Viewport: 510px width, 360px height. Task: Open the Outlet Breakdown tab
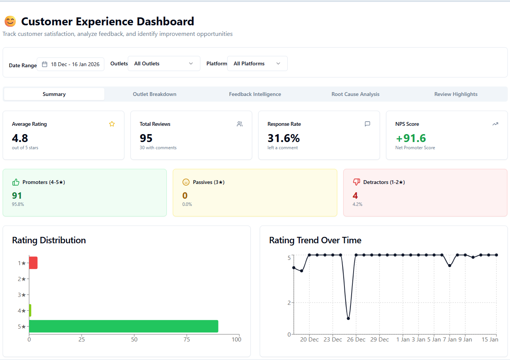click(154, 94)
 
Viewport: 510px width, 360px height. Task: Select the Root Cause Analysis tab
click(355, 94)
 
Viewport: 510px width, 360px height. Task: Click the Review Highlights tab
click(456, 94)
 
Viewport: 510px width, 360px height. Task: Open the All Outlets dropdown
click(164, 63)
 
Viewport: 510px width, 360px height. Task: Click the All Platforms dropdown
click(257, 63)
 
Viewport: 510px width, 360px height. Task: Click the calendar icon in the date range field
click(45, 64)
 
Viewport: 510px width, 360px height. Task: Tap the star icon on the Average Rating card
click(112, 124)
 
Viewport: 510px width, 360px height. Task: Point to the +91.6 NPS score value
click(411, 138)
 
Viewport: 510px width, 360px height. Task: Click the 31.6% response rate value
click(284, 138)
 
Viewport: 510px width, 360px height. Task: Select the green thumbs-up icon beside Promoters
click(16, 182)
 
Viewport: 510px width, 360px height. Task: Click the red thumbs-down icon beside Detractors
click(356, 182)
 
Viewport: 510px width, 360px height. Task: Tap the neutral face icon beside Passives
click(186, 182)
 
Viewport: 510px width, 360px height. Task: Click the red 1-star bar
click(33, 263)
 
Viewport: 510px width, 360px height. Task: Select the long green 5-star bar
click(124, 326)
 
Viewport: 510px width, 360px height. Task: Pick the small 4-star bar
click(30, 311)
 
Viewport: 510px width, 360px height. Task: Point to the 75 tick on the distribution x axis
click(187, 339)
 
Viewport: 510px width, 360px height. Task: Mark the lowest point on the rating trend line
click(348, 318)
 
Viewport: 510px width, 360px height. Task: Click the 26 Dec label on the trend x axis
click(356, 340)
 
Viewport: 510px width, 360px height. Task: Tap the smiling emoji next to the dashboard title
click(10, 22)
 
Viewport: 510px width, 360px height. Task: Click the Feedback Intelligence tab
click(255, 94)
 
